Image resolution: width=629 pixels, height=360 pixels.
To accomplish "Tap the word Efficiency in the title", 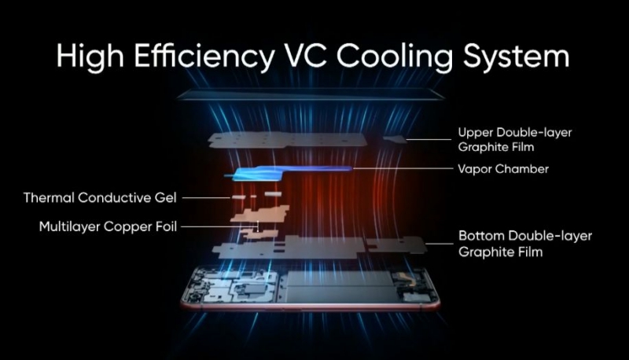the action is point(204,57).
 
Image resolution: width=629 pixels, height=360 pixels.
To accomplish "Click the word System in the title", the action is point(517,57).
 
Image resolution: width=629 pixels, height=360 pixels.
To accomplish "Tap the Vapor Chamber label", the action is point(503,169).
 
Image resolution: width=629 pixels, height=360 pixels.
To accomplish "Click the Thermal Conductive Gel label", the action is point(100,197).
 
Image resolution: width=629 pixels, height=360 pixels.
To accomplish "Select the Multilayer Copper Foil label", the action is point(108,226).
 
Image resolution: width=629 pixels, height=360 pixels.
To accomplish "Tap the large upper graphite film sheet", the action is point(288,140).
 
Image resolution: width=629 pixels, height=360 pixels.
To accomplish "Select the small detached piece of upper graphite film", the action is point(395,138).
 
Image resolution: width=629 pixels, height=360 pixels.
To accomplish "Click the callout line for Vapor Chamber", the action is point(403,168).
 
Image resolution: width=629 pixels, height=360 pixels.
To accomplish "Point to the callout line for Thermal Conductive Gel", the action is point(206,197).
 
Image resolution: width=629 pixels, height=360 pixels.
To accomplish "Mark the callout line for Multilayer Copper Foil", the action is point(219,226).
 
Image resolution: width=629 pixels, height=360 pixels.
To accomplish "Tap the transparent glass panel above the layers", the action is point(311,94).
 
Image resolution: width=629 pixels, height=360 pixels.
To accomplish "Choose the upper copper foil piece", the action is point(261,213).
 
